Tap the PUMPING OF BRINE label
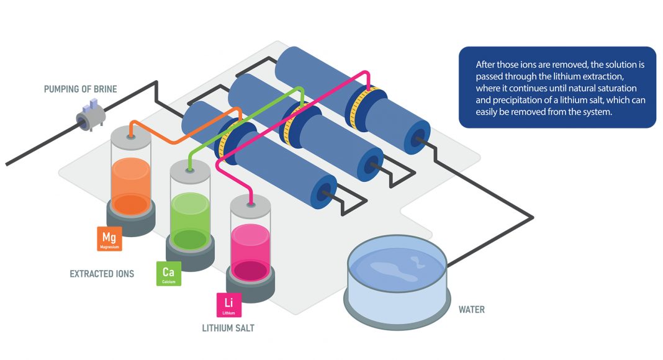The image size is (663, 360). point(80,89)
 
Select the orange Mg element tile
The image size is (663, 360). point(109,239)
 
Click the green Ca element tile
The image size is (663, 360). point(168,274)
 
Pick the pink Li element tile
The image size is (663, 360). point(228,305)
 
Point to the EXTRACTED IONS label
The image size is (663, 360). point(102,274)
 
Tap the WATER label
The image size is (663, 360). point(471,309)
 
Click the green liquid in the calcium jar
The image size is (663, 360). point(190,221)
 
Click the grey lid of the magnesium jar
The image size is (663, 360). point(130,138)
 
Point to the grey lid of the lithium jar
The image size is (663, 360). point(250,204)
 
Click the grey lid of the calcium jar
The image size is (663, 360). point(190,169)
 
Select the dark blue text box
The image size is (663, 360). point(557,88)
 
